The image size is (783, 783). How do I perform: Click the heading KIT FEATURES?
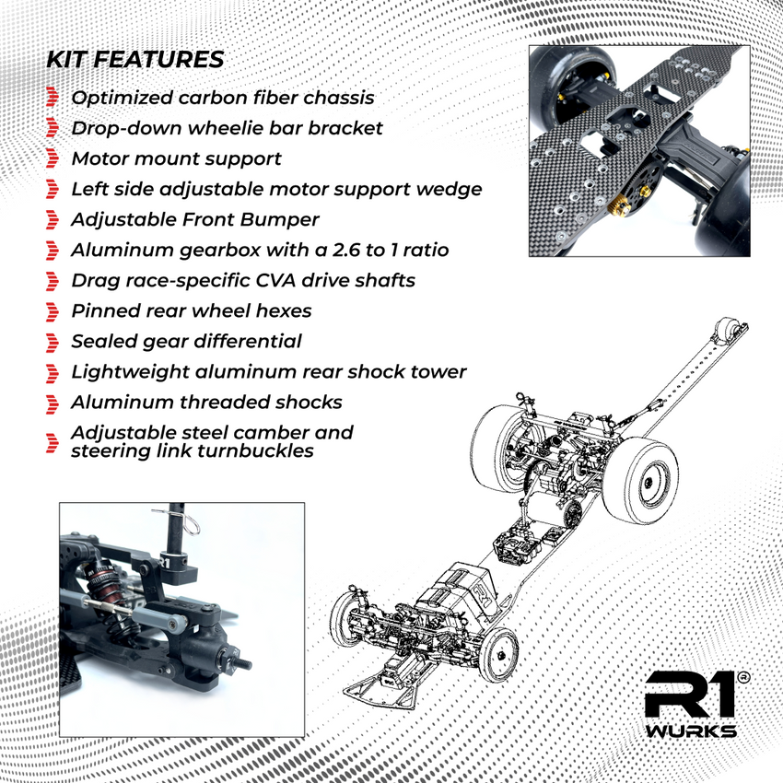tap(134, 60)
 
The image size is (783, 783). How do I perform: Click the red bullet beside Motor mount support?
tap(53, 159)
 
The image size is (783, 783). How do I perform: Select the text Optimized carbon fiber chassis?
tap(223, 98)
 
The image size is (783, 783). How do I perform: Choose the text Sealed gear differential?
tap(186, 341)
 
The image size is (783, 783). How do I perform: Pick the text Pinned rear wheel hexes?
tap(191, 310)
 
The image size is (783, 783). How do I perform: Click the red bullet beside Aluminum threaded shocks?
tap(53, 403)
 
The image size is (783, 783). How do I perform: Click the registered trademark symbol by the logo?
tap(744, 677)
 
